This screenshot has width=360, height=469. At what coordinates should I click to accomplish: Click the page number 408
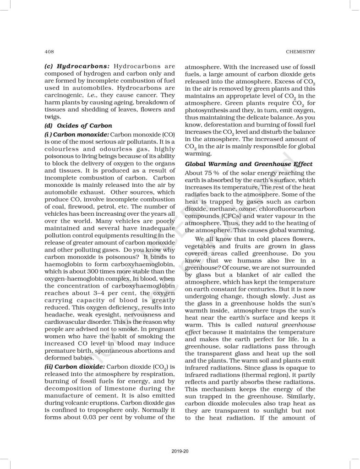pos(49,51)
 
